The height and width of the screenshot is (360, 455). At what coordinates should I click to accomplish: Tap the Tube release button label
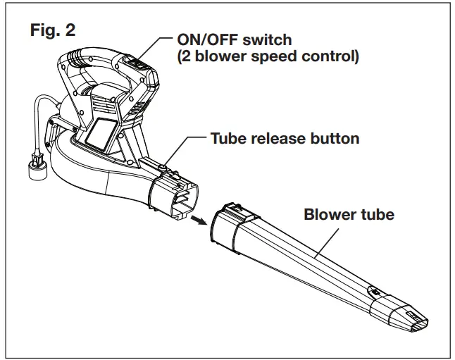[285, 138]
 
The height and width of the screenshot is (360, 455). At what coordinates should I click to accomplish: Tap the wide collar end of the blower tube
[229, 229]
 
